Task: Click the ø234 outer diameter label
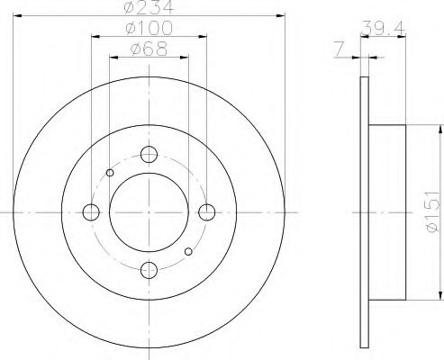(149, 9)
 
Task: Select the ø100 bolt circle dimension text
(149, 30)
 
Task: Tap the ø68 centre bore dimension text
(149, 49)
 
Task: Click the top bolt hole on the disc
(149, 155)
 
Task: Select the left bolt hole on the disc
(90, 212)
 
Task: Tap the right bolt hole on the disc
(207, 212)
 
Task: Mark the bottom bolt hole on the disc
(149, 269)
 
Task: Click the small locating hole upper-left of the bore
(110, 173)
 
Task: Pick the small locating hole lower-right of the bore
(187, 251)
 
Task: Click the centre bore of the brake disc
(149, 212)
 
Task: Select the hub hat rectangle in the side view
(387, 211)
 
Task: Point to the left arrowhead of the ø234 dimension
(18, 16)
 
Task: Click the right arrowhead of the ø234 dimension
(280, 16)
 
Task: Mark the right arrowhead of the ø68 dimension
(186, 56)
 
